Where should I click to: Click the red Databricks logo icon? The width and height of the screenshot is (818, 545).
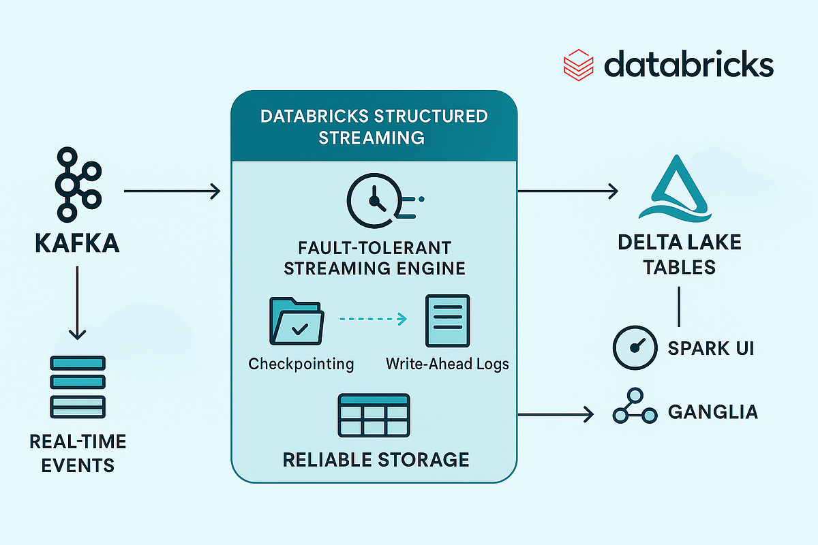pos(579,66)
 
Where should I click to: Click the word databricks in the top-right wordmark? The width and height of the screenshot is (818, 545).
pos(688,66)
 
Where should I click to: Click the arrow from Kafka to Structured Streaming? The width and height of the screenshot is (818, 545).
pos(172,192)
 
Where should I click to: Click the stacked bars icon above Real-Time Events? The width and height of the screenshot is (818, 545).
pos(77,386)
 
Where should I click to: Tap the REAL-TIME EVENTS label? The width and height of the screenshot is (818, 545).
pos(78,453)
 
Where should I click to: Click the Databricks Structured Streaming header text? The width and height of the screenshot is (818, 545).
pos(374,126)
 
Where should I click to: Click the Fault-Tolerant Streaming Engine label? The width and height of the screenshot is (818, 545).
pos(374,257)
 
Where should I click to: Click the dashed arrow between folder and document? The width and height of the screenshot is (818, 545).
pos(372,319)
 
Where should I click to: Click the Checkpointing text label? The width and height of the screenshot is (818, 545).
pos(301,364)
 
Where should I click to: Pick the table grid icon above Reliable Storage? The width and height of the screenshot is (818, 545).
pos(374,416)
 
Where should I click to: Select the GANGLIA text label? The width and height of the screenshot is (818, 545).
pos(713,412)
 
